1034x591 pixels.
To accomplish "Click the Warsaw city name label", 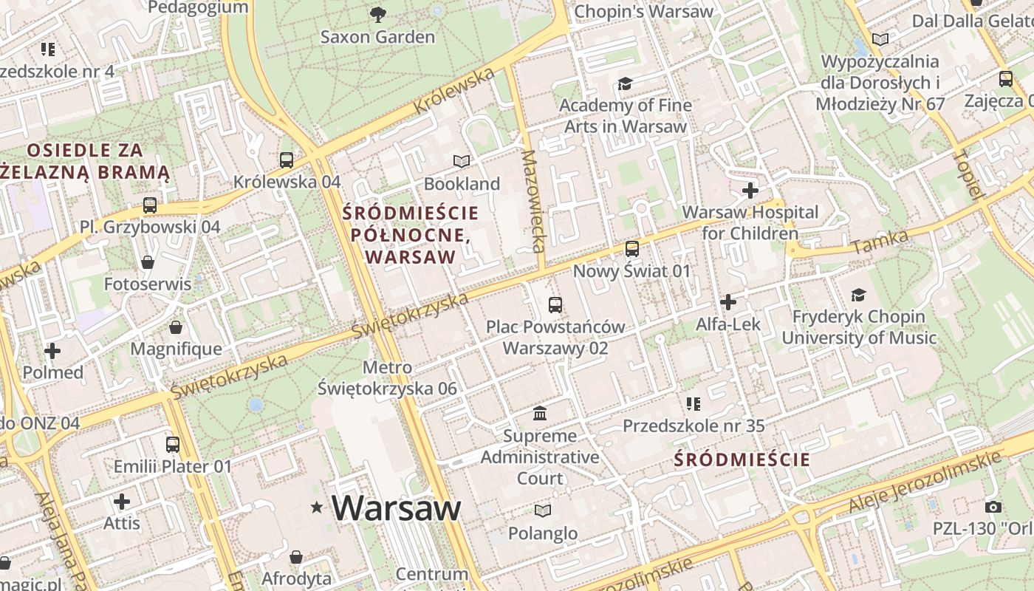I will [396, 508].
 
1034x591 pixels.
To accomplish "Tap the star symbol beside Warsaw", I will [318, 507].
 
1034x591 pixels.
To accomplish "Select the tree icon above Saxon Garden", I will [377, 14].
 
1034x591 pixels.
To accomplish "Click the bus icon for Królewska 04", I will [287, 160].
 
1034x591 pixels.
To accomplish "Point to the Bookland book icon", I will [462, 161].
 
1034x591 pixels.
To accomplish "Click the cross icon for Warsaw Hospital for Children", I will [750, 191].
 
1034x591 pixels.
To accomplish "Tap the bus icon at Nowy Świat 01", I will [632, 249].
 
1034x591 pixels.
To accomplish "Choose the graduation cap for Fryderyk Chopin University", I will [858, 295].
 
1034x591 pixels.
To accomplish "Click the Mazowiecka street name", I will [533, 201].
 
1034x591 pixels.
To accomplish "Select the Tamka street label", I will [879, 242].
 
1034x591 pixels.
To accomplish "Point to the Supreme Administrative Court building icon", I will [540, 413].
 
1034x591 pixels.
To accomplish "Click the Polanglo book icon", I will [543, 510].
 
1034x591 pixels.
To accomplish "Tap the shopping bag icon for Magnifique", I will [176, 327].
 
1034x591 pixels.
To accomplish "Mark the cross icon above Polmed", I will [52, 350].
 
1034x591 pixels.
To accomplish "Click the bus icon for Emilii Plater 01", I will [173, 444].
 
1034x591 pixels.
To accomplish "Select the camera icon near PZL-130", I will [993, 507].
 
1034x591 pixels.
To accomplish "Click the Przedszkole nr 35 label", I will [693, 426].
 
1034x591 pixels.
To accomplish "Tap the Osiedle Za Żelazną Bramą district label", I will [85, 161].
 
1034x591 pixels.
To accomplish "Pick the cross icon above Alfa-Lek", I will [728, 302].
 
